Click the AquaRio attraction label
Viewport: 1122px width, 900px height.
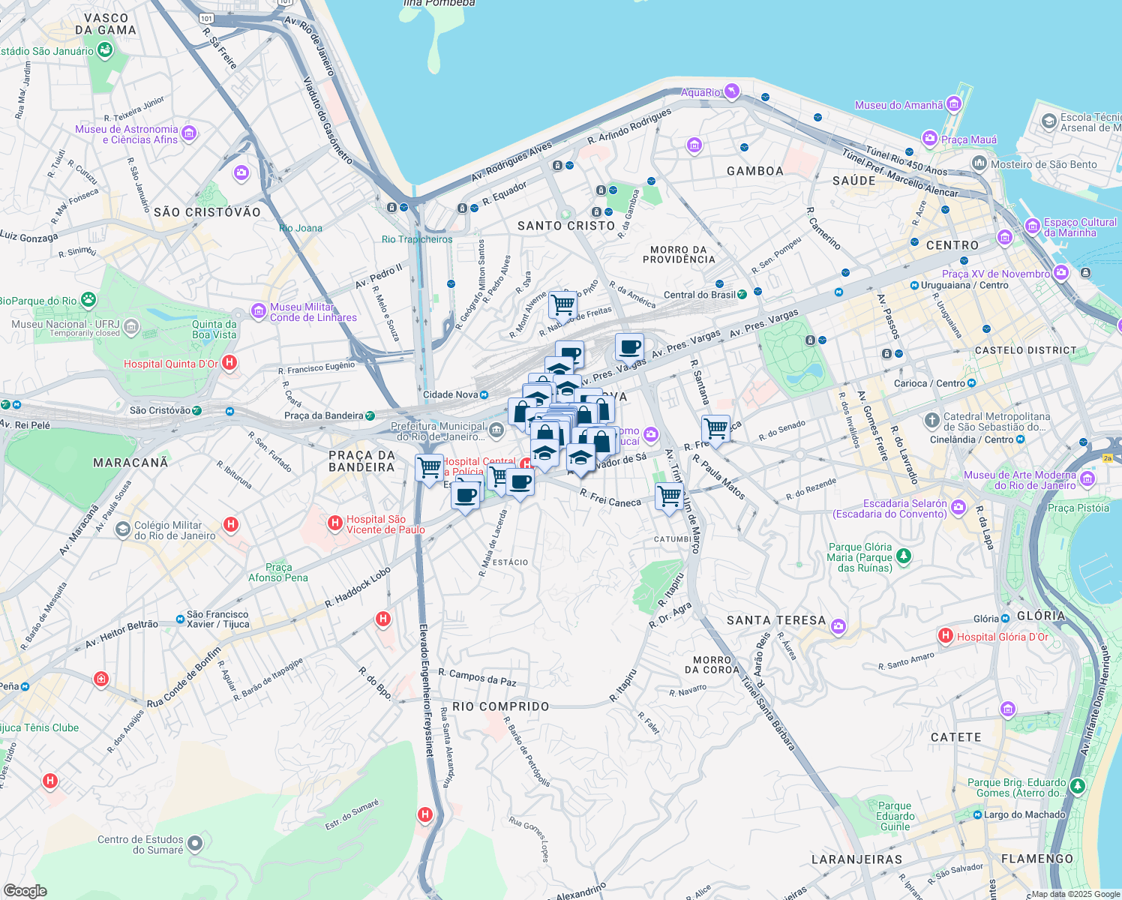click(700, 92)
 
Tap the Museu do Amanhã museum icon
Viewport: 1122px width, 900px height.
click(953, 103)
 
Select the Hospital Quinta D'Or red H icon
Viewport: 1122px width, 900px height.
click(230, 363)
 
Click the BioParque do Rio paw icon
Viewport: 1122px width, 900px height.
click(88, 300)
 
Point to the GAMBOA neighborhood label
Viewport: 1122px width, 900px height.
click(754, 171)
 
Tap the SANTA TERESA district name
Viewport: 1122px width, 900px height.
click(776, 620)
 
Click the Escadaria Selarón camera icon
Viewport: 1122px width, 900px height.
click(958, 508)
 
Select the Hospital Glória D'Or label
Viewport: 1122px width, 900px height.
click(1002, 637)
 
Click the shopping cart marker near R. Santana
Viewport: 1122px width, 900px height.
click(715, 429)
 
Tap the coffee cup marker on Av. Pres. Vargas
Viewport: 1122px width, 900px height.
click(629, 347)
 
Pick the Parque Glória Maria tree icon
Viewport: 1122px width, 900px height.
click(904, 556)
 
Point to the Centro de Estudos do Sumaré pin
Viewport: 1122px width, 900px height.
click(195, 844)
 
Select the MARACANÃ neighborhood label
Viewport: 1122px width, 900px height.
click(130, 463)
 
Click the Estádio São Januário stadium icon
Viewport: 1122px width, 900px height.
click(104, 50)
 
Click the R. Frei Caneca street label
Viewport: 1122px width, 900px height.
click(610, 498)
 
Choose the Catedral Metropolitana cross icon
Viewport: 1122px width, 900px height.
click(931, 420)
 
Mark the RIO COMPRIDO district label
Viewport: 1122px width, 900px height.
click(500, 706)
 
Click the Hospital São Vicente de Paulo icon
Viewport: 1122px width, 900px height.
click(335, 523)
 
